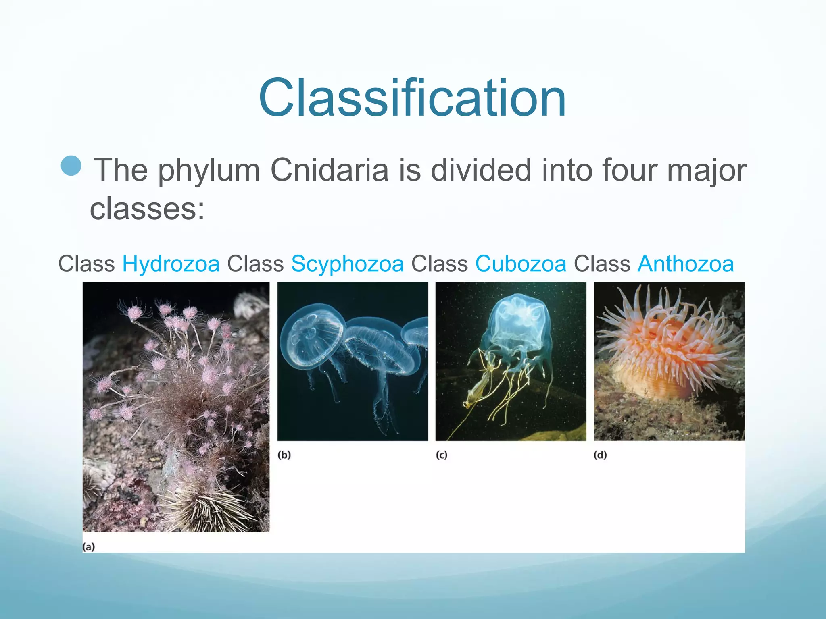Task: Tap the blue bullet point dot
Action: (x=71, y=166)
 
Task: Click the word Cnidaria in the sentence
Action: (x=329, y=170)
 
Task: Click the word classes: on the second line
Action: (x=147, y=209)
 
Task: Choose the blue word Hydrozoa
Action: (x=171, y=264)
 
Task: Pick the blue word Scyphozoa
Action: (x=347, y=264)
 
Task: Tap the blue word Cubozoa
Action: (x=521, y=264)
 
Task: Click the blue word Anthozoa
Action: (x=686, y=264)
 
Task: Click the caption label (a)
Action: (x=89, y=547)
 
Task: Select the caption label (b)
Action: (x=284, y=455)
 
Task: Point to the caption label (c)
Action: (x=442, y=455)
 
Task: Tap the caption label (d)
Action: (x=600, y=455)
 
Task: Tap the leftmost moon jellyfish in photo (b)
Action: (x=311, y=334)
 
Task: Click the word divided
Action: (x=481, y=170)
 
